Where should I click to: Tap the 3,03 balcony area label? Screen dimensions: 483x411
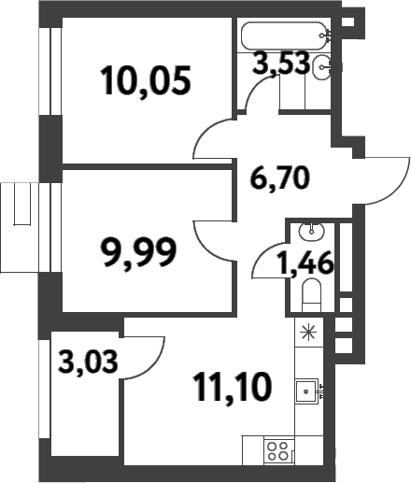click(89, 360)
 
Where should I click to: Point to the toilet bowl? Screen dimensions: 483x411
click(312, 298)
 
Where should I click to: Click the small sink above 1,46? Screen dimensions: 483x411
click(310, 231)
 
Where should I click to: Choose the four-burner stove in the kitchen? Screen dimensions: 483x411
click(277, 452)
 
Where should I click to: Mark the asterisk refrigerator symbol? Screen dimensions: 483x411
click(309, 331)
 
